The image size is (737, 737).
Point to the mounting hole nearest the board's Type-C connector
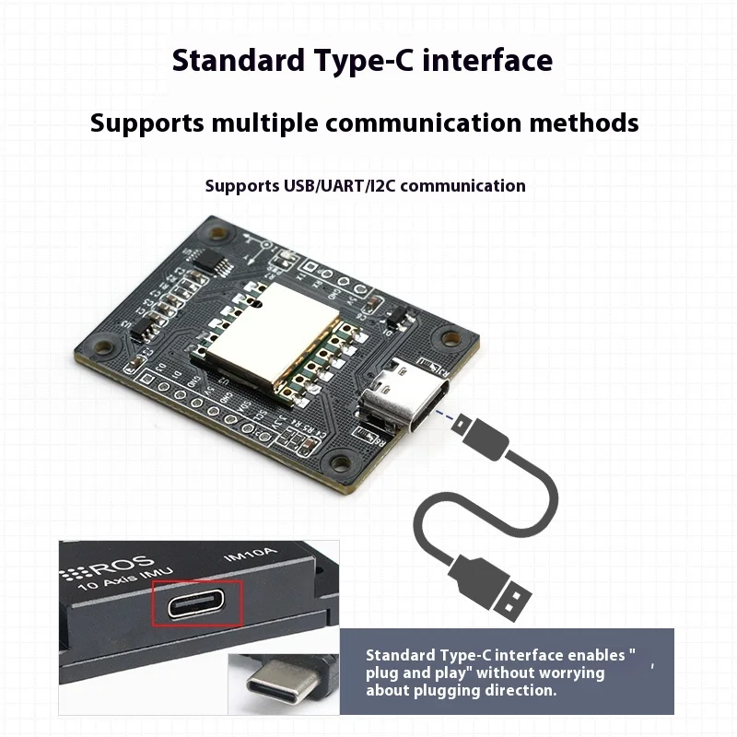tap(450, 338)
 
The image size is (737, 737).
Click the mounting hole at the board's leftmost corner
tap(104, 348)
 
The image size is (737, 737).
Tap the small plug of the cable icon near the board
tap(481, 439)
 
